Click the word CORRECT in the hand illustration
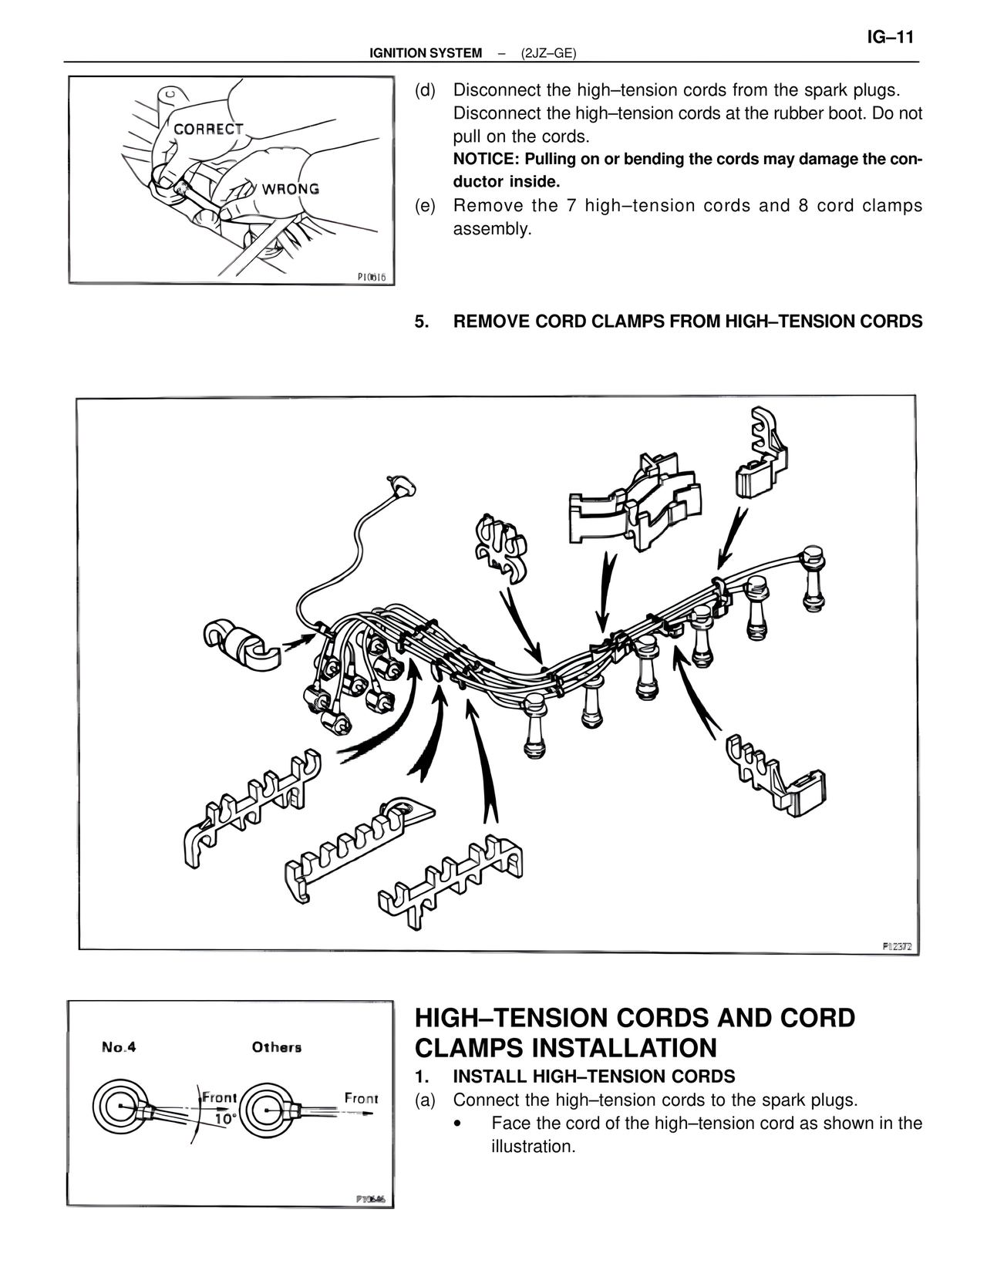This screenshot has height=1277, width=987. [x=208, y=129]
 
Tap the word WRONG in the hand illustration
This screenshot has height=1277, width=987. [x=290, y=188]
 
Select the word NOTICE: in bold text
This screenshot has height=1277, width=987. [x=487, y=160]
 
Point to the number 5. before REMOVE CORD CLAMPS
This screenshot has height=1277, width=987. [x=421, y=322]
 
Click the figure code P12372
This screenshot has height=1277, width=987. [x=897, y=945]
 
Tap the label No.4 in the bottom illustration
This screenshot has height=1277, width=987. [x=119, y=1047]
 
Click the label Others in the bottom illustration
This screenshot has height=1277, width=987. [x=276, y=1047]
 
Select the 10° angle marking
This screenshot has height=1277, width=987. [x=224, y=1118]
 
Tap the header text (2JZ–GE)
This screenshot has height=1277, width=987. [x=548, y=53]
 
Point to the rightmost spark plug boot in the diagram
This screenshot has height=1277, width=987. [x=811, y=578]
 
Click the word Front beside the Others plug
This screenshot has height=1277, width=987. [x=360, y=1098]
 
